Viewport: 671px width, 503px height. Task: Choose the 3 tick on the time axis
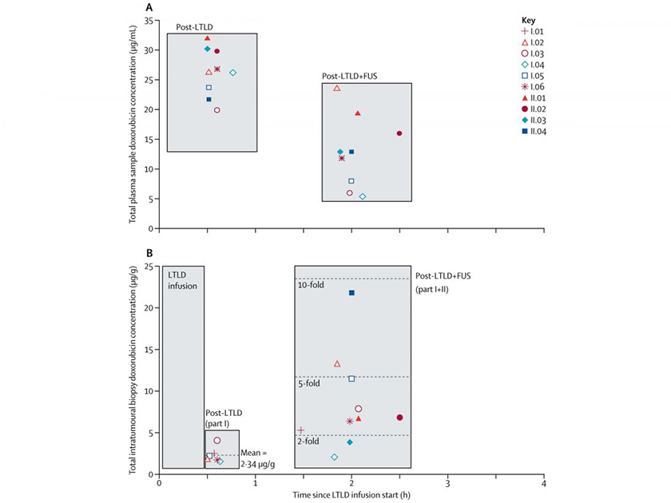pos(447,483)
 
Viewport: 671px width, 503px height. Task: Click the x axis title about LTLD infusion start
pos(351,496)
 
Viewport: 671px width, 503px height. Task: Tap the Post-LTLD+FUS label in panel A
pos(354,76)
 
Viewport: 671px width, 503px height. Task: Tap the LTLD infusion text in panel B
pos(181,279)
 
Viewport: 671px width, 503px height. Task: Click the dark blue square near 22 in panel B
pos(351,293)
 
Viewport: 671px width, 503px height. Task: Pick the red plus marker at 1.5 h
pos(301,431)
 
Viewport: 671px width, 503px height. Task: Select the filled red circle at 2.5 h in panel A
pos(399,133)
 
